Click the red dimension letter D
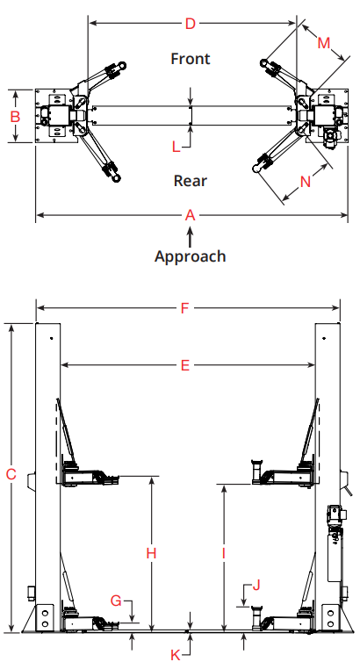click(191, 24)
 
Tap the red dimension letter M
click(324, 43)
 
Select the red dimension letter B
click(15, 117)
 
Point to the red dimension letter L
click(176, 147)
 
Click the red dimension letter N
click(306, 182)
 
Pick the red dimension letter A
click(191, 215)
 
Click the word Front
click(191, 58)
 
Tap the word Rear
click(191, 181)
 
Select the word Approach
click(191, 256)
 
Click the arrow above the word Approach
click(191, 237)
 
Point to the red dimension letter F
click(184, 308)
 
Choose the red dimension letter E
click(185, 365)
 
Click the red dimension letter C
click(11, 474)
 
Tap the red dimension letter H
click(151, 553)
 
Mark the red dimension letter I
click(224, 553)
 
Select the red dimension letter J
click(256, 585)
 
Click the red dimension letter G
click(116, 600)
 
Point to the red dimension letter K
click(176, 655)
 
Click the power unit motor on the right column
click(336, 514)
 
